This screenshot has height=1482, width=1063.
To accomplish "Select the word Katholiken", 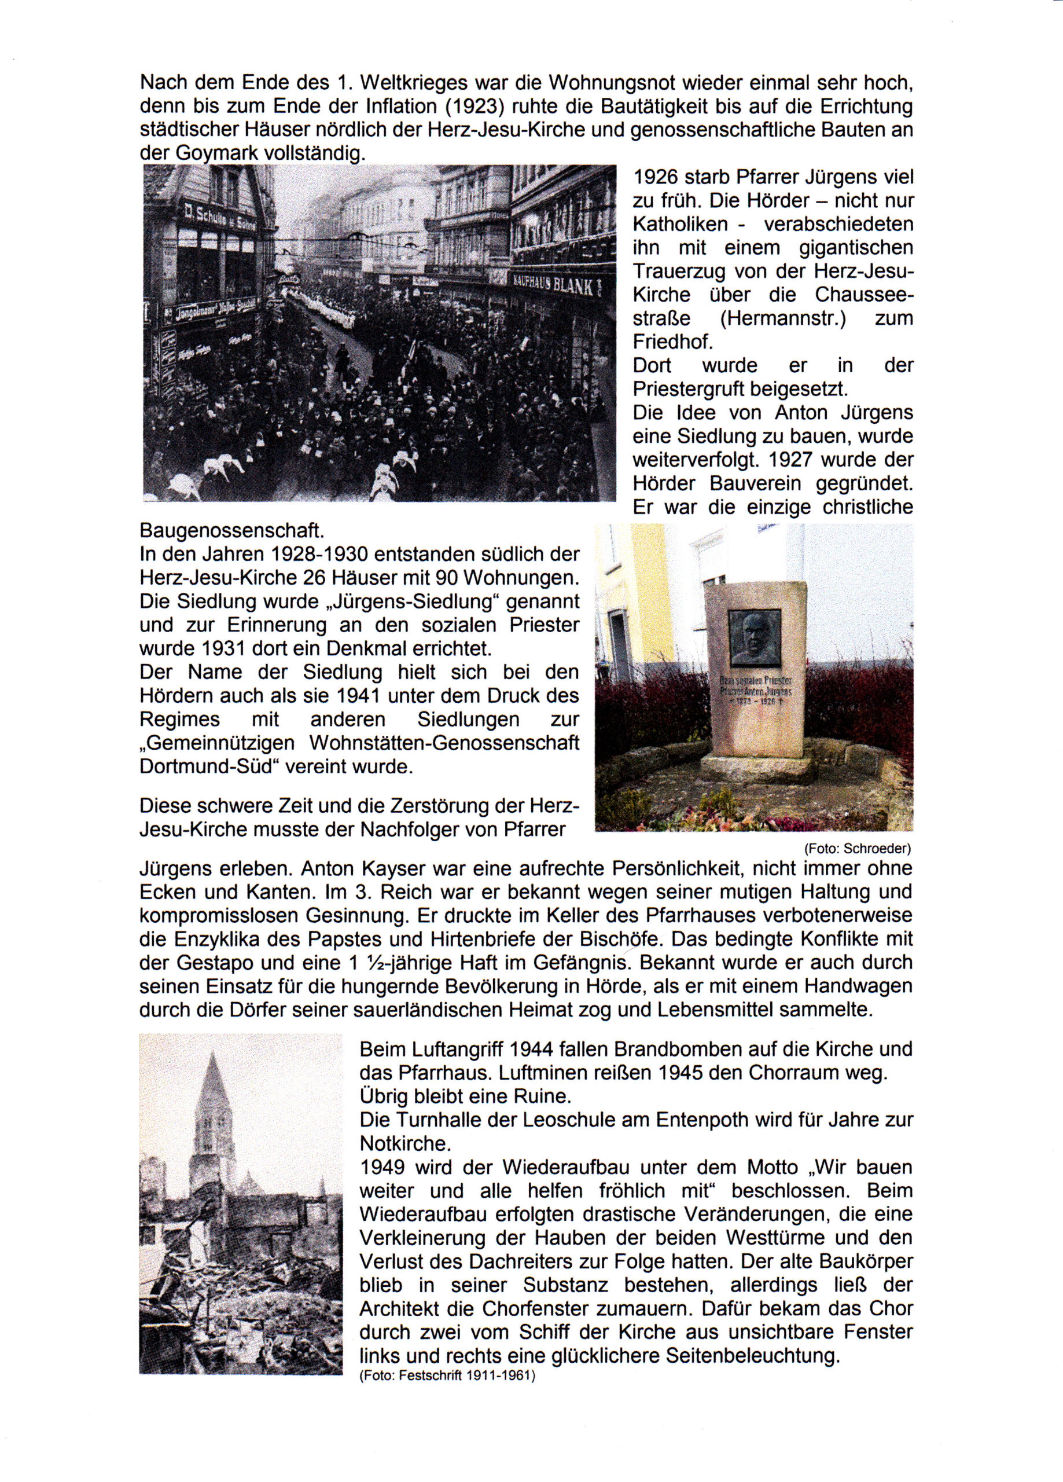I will point(680,224).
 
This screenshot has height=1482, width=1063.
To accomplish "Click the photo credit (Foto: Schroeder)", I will point(857,849).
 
